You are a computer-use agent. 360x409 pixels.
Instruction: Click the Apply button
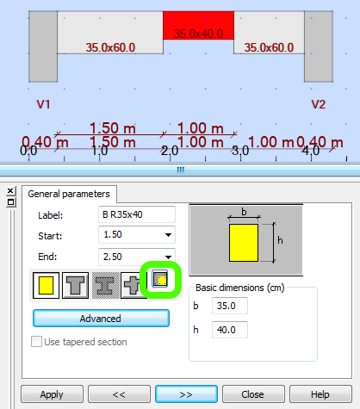[52, 394]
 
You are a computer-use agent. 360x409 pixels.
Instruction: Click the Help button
[320, 394]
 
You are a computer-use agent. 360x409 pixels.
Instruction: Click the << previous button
[119, 394]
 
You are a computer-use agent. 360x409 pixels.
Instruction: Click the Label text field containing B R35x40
[137, 214]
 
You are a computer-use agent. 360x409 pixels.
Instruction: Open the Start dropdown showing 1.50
[137, 234]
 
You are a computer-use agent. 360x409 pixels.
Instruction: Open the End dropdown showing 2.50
[137, 255]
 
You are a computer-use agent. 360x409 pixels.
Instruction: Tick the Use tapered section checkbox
[37, 342]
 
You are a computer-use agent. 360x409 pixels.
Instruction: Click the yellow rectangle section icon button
[47, 283]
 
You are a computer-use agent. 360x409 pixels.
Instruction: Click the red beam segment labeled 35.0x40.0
[198, 25]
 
